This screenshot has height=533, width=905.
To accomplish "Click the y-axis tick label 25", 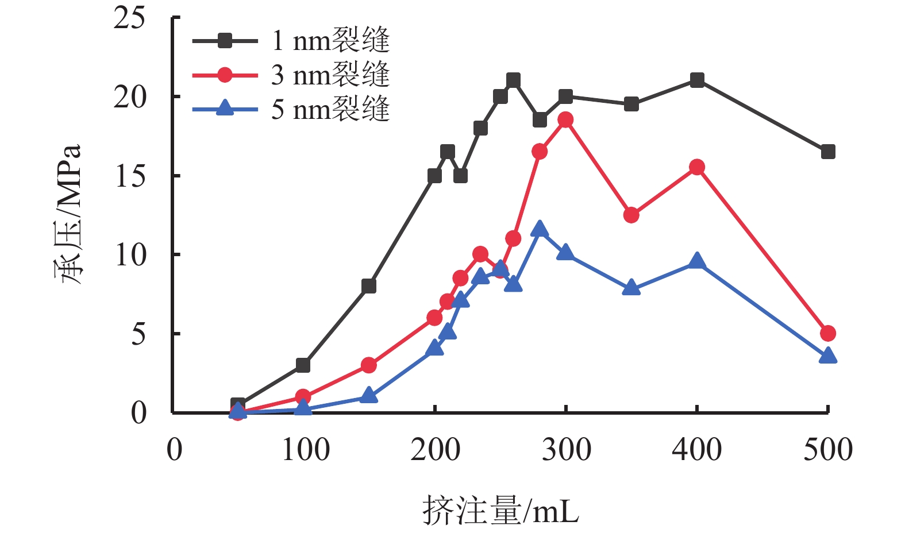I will coord(130,18).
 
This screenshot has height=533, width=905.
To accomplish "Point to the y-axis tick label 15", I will coord(130,176).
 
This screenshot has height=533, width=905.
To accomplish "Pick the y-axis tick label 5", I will coord(138,334).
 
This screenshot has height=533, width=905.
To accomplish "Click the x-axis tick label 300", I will coord(566,450).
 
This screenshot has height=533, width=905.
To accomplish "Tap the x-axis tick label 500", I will coord(827,450).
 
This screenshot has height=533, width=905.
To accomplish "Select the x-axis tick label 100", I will coord(305,450).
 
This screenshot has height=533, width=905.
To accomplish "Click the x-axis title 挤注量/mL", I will coord(500,510).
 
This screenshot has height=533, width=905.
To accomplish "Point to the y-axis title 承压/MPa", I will coord(68,214).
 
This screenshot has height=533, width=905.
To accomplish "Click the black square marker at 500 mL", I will coord(827,152).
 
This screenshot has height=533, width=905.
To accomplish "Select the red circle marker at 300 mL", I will coord(565,120).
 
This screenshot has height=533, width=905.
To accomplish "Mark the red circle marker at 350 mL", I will coord(631,215).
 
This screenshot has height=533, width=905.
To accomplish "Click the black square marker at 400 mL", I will coord(697,80).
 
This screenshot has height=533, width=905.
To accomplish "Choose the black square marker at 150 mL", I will coord(369,286).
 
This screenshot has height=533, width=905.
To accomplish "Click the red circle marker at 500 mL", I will coord(827,333).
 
